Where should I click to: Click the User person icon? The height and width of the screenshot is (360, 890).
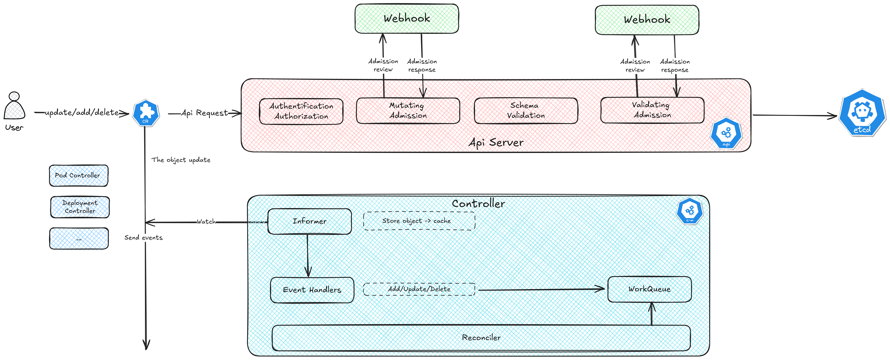tap(14, 106)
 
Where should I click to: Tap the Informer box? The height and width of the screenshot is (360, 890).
tap(310, 221)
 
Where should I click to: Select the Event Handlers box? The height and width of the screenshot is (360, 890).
tap(312, 290)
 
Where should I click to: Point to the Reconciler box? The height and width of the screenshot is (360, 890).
tap(481, 338)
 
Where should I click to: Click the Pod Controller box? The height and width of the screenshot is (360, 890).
tap(78, 176)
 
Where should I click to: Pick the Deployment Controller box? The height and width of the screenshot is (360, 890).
tap(80, 207)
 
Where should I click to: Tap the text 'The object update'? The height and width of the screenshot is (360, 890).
tap(181, 160)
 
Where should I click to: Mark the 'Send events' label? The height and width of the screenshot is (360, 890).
tap(143, 238)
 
